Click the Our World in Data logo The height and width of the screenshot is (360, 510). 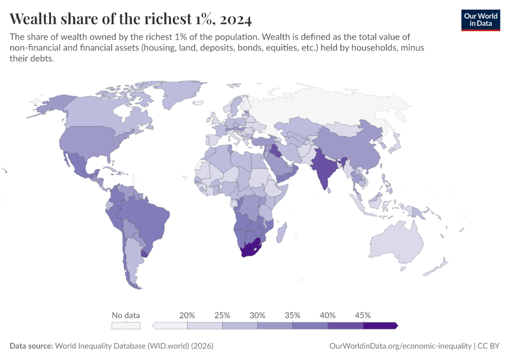pos(480,19)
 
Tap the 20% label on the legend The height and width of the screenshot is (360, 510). pos(187,315)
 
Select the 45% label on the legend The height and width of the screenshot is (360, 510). pos(363,315)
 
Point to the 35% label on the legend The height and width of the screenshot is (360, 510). pos(293,315)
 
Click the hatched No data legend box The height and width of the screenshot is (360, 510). pos(126,325)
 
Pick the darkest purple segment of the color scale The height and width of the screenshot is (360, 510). pos(380,325)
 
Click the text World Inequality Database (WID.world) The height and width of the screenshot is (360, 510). pos(134,346)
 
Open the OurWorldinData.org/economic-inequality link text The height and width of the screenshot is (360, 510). pos(400,346)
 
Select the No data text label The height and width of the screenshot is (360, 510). pos(126,315)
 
